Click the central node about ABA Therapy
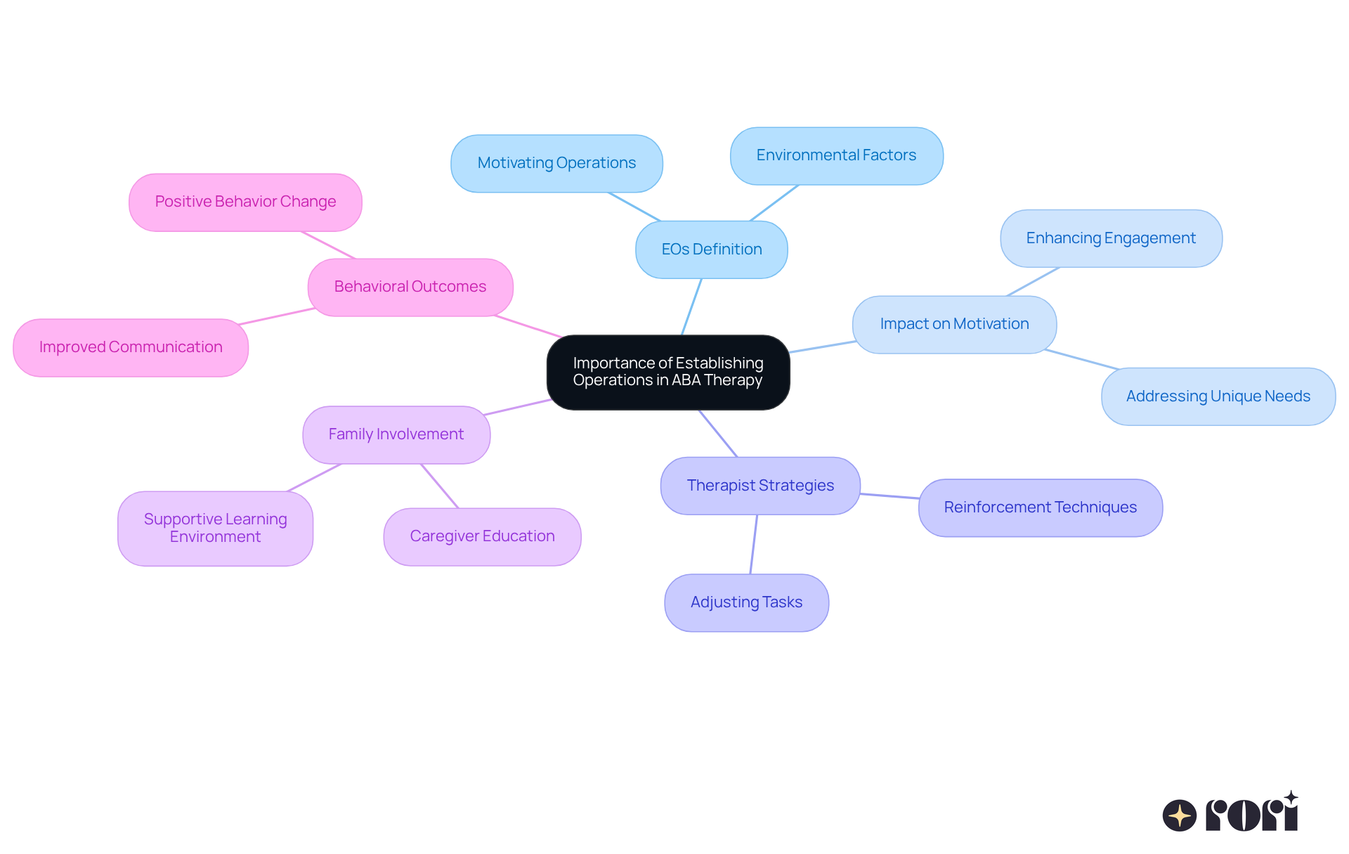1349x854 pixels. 668,372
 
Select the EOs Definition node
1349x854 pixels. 711,250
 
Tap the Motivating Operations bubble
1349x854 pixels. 556,163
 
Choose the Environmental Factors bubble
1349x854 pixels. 836,155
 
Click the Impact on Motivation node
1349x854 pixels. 954,324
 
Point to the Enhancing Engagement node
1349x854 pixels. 1111,238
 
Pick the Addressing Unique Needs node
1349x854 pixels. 1218,396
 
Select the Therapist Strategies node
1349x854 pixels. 760,486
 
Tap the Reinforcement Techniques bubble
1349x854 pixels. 1040,507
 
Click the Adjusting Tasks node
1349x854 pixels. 746,602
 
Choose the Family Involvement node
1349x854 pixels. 396,434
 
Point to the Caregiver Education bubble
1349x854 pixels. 482,536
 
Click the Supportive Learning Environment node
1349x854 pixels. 215,528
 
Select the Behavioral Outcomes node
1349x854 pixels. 410,287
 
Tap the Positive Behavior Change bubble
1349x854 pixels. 245,202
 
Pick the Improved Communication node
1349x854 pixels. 131,347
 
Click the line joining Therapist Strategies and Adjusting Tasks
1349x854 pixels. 753,544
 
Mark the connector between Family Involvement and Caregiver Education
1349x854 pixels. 439,486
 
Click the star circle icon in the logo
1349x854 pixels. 1179,815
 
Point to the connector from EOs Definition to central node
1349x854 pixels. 691,307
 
